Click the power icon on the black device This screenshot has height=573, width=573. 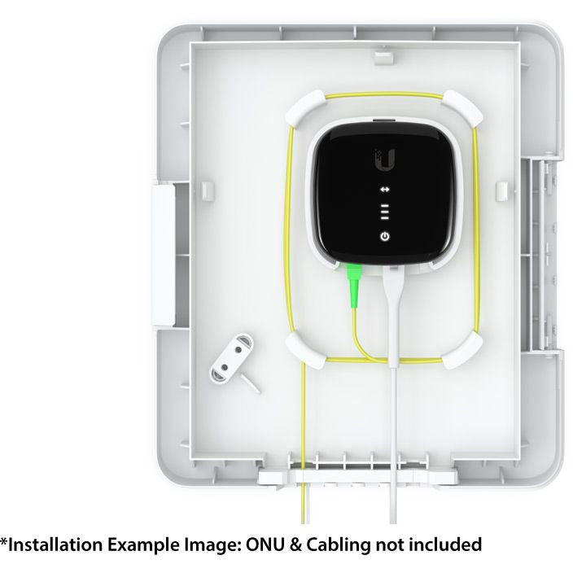pyautogui.click(x=385, y=236)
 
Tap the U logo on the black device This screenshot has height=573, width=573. pyautogui.click(x=385, y=160)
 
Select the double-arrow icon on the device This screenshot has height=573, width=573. pyautogui.click(x=385, y=190)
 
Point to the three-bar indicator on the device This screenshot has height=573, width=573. pyautogui.click(x=385, y=212)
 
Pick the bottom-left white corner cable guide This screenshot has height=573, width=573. pyautogui.click(x=305, y=350)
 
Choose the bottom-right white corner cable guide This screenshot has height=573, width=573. pyautogui.click(x=462, y=350)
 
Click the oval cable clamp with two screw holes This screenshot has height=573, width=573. pyautogui.click(x=231, y=358)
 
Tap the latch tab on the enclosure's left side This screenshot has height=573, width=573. pyautogui.click(x=163, y=255)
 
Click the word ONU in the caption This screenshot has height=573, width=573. pyautogui.click(x=265, y=545)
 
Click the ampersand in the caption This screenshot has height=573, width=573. pyautogui.click(x=295, y=545)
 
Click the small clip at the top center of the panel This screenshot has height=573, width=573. pyautogui.click(x=383, y=57)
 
